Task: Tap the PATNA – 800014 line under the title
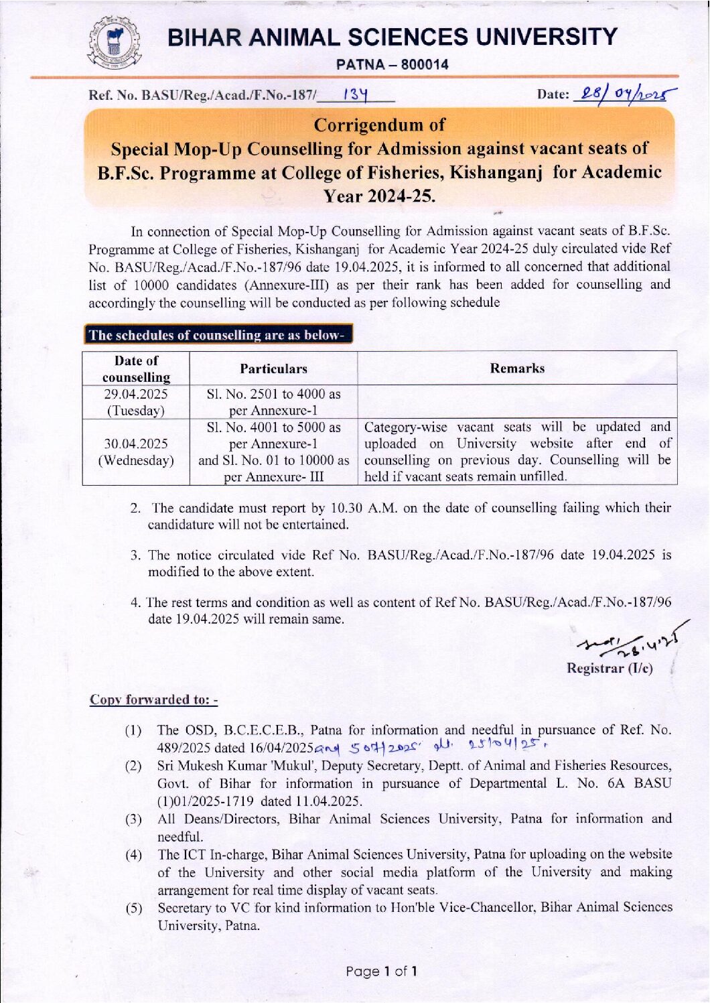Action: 392,64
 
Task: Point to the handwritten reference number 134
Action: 356,95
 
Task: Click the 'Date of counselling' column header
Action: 136,369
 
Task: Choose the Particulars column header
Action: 273,369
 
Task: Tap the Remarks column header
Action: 516,368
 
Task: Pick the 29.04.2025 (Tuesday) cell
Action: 136,402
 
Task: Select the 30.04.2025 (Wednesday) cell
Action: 136,452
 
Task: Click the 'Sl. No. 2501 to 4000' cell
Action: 273,402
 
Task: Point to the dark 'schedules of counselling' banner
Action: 218,335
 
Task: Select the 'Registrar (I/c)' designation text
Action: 609,668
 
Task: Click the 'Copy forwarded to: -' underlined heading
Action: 153,699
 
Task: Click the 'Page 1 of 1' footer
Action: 382,971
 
